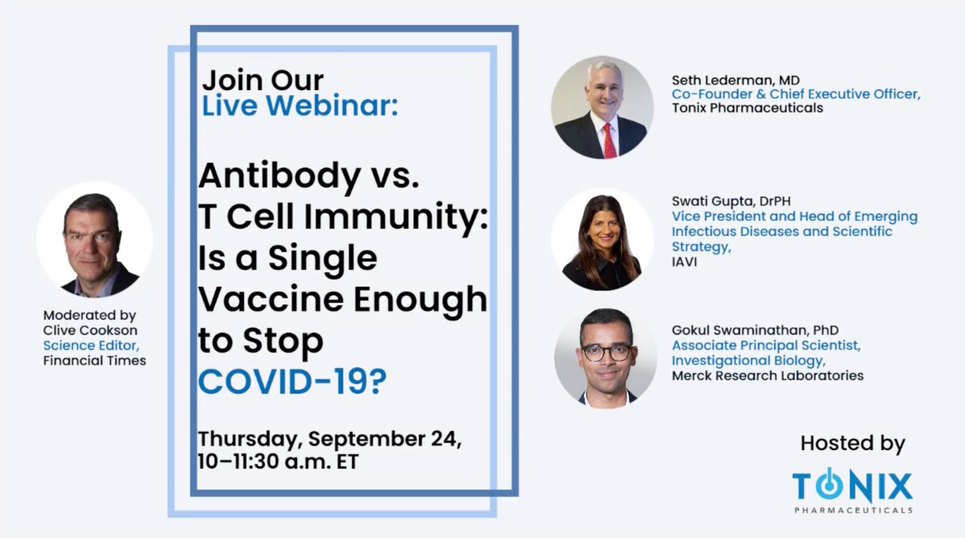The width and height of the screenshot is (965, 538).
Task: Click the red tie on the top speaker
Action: pos(609,141)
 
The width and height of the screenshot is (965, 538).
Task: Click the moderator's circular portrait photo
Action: pos(95,240)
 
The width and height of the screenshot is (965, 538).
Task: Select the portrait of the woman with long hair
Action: pos(603,240)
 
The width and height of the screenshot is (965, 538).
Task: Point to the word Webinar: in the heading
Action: pos(332,106)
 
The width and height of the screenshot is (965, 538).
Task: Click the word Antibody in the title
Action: pos(280,176)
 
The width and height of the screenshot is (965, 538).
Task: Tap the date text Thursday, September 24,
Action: pos(329,439)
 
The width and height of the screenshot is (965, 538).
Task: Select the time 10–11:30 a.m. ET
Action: pos(278,461)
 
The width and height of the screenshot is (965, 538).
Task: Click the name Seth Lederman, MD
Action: pos(735,80)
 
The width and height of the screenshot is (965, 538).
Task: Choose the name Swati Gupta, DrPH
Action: pos(731,201)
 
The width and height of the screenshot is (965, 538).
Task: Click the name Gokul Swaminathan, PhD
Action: pos(755,330)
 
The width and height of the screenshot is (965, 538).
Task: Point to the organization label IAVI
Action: pos(684,262)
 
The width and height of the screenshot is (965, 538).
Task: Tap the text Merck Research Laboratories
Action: pos(767,376)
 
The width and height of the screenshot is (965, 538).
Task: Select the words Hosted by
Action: pos(853,444)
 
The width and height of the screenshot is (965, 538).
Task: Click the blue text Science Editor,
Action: pos(91,346)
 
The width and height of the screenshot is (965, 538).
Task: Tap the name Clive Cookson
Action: pos(90,330)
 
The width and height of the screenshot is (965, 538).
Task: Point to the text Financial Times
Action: pos(95,360)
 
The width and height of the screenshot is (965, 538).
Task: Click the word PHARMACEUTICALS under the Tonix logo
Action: pos(853,511)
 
